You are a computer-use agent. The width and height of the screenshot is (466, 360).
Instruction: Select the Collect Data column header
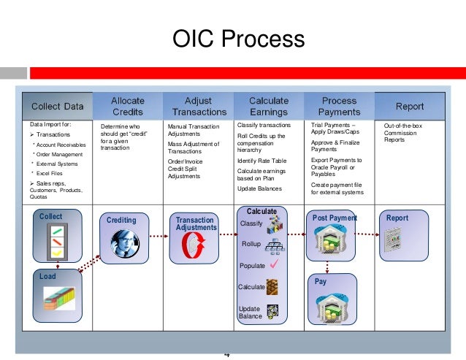click(56, 106)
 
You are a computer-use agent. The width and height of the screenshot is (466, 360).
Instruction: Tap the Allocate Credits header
click(127, 106)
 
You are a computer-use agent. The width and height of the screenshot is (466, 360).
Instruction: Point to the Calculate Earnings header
click(268, 106)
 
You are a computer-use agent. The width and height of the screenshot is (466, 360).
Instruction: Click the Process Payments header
click(339, 106)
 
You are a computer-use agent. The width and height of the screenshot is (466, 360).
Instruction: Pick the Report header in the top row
click(409, 106)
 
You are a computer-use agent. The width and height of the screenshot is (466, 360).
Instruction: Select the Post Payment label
click(335, 218)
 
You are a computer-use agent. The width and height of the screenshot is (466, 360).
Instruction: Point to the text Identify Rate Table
click(262, 160)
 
